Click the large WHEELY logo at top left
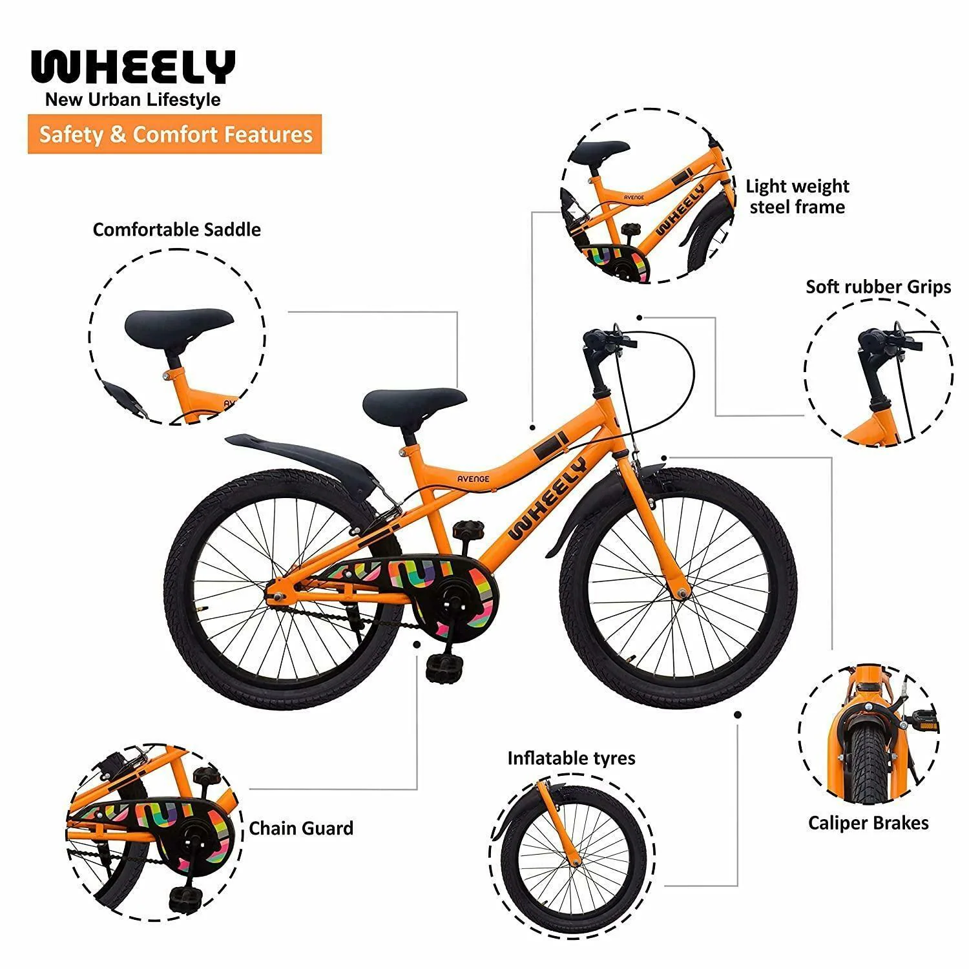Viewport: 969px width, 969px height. (x=132, y=67)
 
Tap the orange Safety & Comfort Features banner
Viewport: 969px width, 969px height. (x=174, y=134)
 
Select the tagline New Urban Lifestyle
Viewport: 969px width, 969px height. (x=132, y=100)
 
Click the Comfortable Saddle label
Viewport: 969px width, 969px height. (x=177, y=230)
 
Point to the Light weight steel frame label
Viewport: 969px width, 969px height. (x=797, y=196)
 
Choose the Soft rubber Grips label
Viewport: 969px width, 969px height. (x=879, y=287)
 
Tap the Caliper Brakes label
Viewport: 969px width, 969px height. (x=868, y=823)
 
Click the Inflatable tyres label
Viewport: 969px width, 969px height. (x=571, y=758)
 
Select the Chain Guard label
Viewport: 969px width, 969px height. (x=301, y=828)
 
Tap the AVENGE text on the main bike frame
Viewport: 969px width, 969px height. (x=473, y=479)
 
